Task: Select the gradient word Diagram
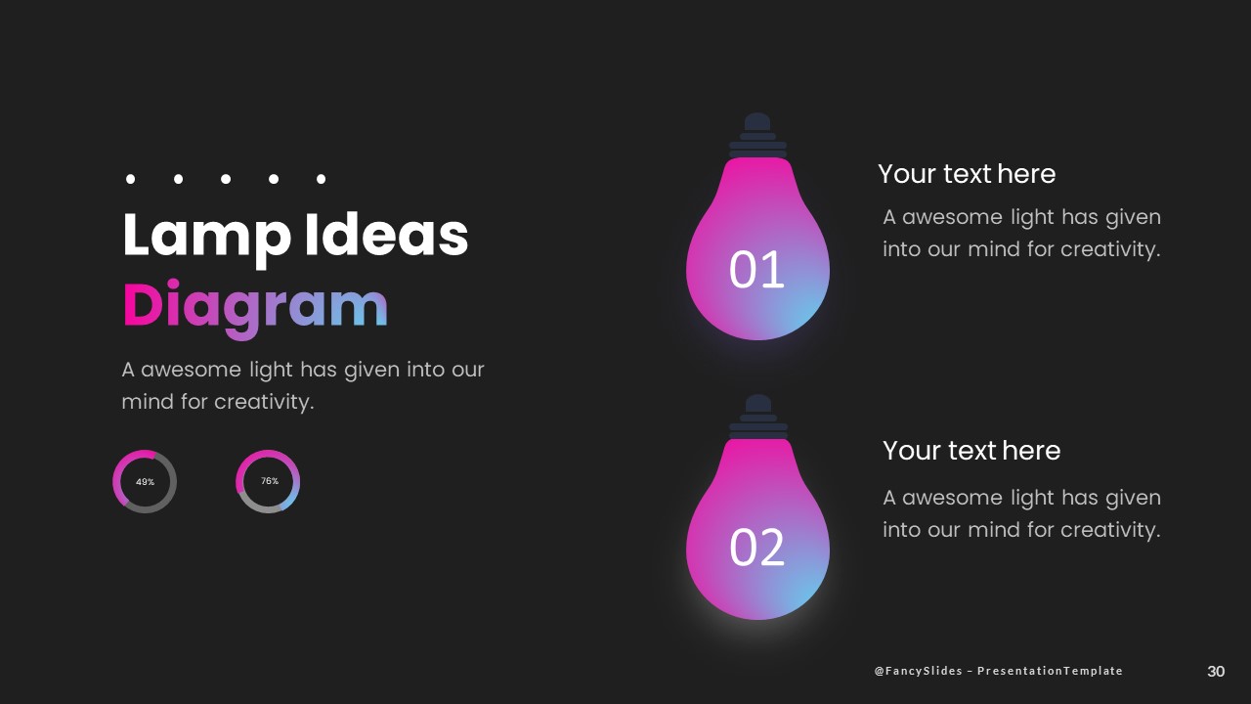[x=255, y=306]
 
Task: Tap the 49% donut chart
[x=145, y=482]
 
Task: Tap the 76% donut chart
[x=268, y=481]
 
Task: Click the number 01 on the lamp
[x=757, y=271]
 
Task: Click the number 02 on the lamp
[x=757, y=549]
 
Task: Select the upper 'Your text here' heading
[x=967, y=174]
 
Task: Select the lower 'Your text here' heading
[x=971, y=451]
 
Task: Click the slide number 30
[x=1216, y=672]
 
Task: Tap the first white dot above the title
[x=130, y=179]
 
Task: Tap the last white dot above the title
[x=321, y=179]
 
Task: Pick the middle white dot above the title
[x=226, y=179]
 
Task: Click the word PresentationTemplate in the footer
[x=1050, y=671]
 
